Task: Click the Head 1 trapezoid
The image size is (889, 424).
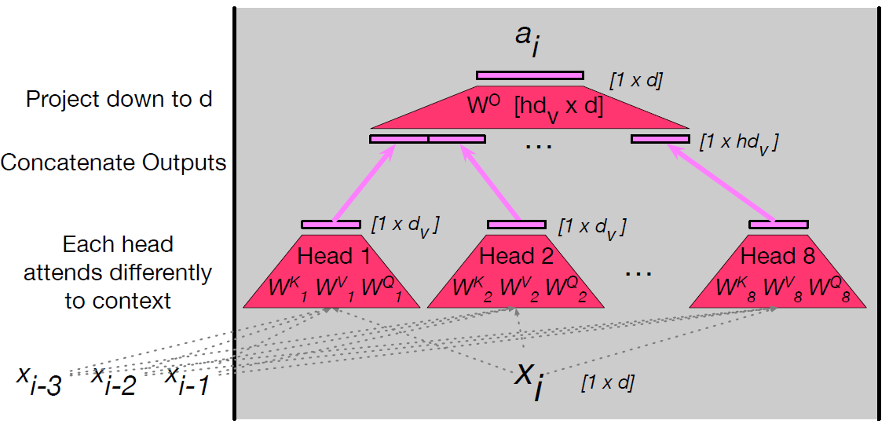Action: pyautogui.click(x=334, y=271)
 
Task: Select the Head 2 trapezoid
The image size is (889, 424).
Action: pyautogui.click(x=517, y=271)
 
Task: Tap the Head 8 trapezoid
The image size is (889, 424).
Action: pyautogui.click(x=777, y=271)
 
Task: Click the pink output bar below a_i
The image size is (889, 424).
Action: pyautogui.click(x=530, y=75)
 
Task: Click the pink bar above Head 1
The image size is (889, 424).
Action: pyautogui.click(x=331, y=225)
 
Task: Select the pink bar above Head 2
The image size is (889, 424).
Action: pyautogui.click(x=516, y=225)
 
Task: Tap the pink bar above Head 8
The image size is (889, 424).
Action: pyautogui.click(x=778, y=225)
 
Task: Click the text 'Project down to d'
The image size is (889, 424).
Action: pyautogui.click(x=119, y=100)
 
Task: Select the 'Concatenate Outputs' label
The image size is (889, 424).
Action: pyautogui.click(x=114, y=163)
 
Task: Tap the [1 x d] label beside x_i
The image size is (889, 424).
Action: pyautogui.click(x=608, y=384)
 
